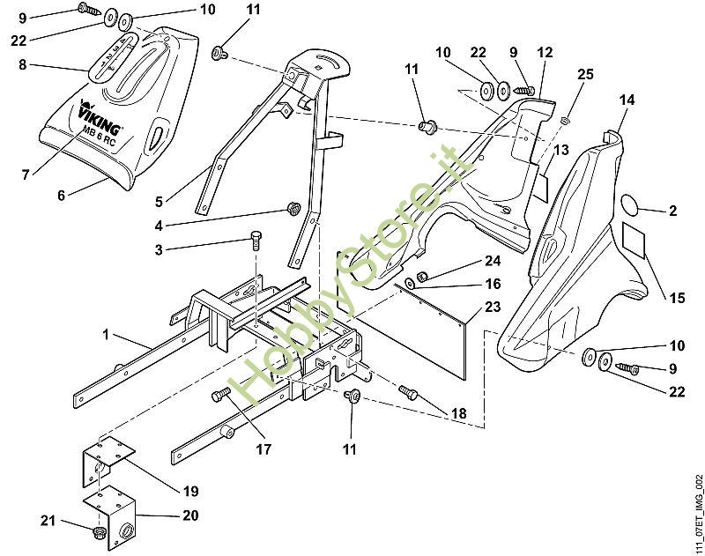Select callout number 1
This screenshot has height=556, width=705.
(107, 337)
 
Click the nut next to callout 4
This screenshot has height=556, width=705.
(292, 209)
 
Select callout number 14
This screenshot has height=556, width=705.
(627, 101)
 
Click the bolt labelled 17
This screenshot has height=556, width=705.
(220, 400)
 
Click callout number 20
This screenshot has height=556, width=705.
(190, 515)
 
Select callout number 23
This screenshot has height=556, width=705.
(492, 308)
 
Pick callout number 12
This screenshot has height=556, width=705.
(545, 53)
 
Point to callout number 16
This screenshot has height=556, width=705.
(493, 284)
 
